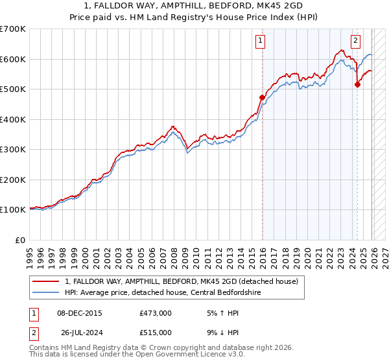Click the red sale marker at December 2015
click(263, 98)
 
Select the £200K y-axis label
click(13, 180)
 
